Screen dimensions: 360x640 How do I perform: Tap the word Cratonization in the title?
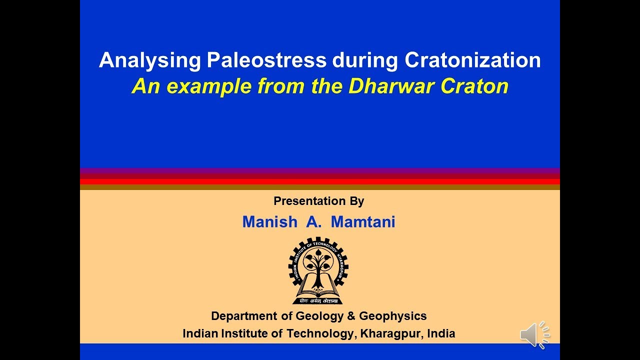point(472,60)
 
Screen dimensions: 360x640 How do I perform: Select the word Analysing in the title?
point(149,60)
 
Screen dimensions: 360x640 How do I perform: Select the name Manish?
point(269,222)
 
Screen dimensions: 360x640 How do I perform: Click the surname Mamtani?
point(363,222)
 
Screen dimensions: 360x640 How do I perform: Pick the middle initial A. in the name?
point(314,222)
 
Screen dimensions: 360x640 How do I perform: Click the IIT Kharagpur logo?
point(318,270)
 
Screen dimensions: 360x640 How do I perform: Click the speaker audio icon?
point(534,334)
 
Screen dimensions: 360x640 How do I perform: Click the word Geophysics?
point(393,316)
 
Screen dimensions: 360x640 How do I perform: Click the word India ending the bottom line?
point(441,333)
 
